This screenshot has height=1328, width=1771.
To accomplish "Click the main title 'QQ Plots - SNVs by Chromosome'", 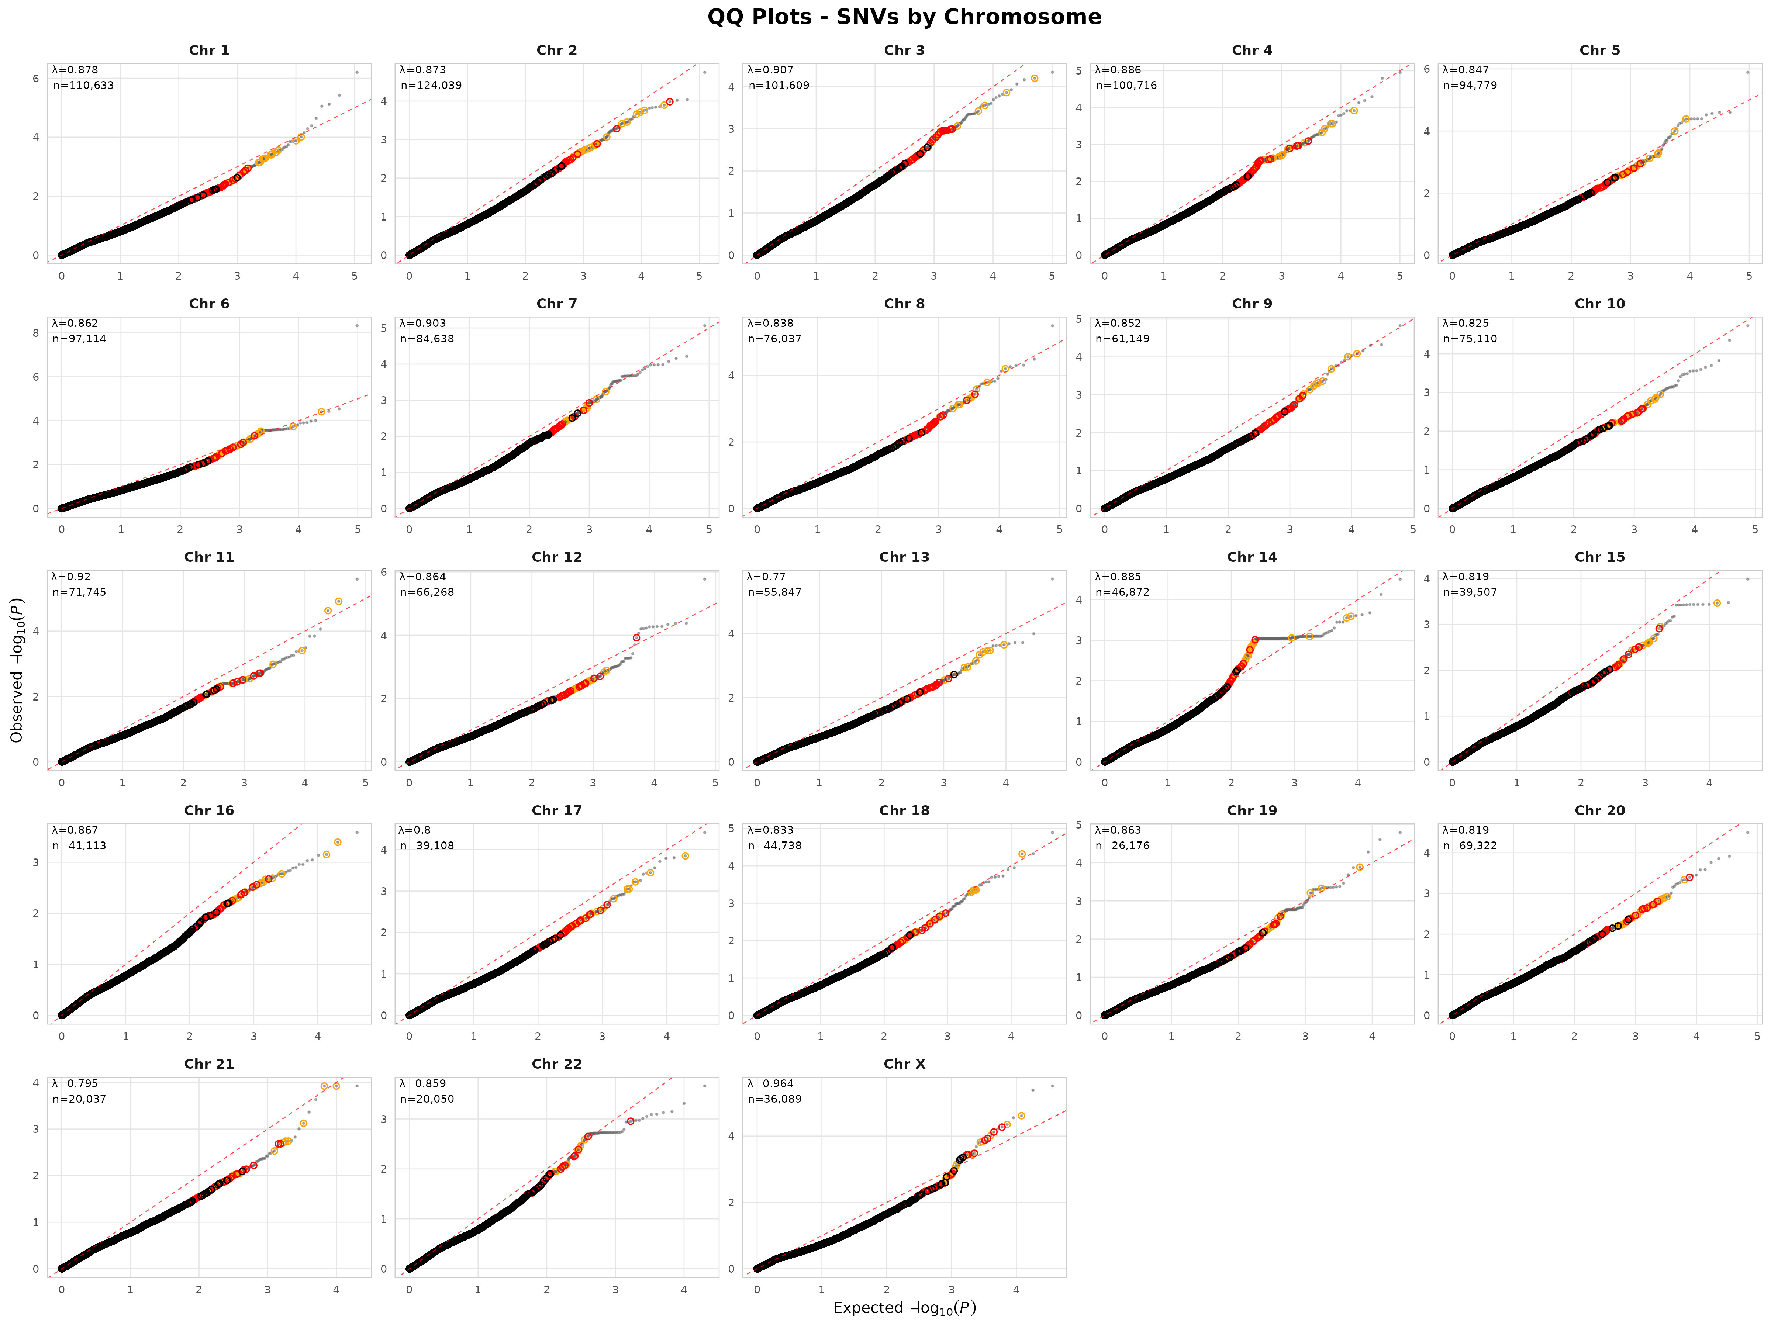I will pos(904,17).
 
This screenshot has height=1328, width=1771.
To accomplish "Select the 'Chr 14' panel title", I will pos(1252,557).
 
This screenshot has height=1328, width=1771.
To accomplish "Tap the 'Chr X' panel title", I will pos(904,1064).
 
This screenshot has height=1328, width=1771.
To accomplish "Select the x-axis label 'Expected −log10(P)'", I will pos(904,1307).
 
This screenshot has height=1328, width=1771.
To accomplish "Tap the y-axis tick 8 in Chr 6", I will pos(35,333).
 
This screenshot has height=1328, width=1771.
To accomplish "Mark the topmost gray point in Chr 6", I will pos(357,326).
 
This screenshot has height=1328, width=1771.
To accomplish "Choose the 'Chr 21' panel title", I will pos(209,1064).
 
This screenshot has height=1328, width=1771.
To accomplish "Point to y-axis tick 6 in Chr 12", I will pos(383,573).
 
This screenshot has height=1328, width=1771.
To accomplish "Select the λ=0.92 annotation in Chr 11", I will pos(71,576).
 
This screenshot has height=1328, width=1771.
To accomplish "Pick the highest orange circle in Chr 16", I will pos(338,842).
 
